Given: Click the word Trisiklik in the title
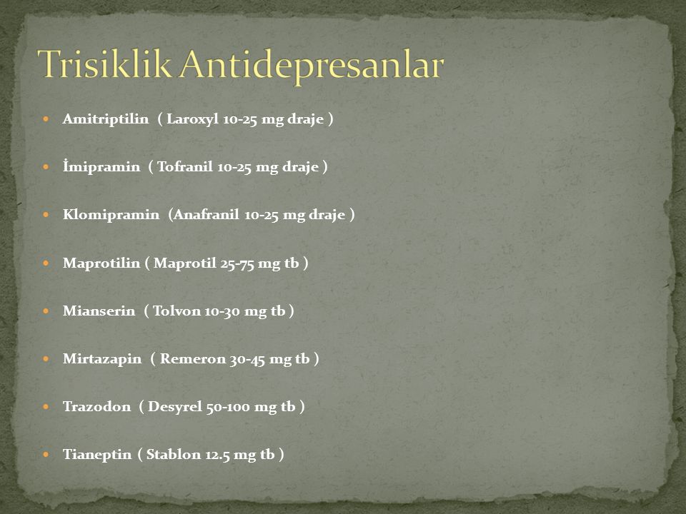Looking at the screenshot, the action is coord(105,64).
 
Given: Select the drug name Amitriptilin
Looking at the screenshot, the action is coord(106,119).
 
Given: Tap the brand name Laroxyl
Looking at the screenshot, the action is coord(192,119).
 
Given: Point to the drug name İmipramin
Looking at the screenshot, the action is coord(101,166).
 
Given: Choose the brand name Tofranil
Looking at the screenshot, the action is coord(184,166).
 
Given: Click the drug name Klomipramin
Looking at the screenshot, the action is coord(111,215).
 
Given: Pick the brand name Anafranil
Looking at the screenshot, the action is coord(206,215).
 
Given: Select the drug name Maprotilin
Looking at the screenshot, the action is coord(101,263).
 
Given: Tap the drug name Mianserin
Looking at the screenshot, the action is coord(99,311).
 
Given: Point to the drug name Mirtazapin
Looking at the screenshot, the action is coord(102,359).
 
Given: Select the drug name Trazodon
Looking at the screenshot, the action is coord(96,407).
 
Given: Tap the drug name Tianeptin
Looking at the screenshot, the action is coord(97,455).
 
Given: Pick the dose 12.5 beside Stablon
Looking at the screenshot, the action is coord(217,455).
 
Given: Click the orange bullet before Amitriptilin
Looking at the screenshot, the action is coord(46,119).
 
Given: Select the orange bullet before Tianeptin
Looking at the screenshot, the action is coord(46,455).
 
